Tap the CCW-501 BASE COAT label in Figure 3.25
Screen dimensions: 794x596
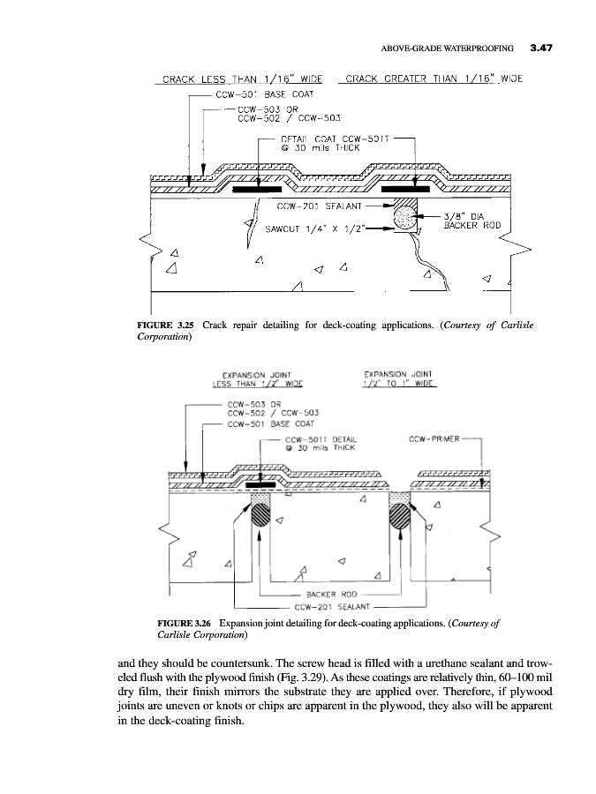[x=265, y=93]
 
